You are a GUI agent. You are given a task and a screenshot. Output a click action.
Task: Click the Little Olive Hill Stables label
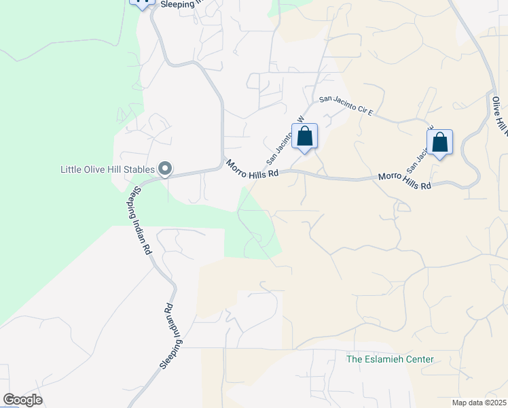point(107,169)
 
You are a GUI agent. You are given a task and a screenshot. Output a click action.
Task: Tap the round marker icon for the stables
point(165,169)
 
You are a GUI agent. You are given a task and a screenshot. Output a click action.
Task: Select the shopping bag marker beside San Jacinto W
point(305,137)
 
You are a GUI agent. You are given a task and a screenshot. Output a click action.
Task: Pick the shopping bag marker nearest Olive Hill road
point(440,143)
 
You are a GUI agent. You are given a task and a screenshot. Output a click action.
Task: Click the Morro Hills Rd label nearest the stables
point(253,169)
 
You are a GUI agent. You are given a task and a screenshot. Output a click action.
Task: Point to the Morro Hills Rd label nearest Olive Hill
point(405,181)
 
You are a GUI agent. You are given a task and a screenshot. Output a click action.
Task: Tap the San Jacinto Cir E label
point(346,106)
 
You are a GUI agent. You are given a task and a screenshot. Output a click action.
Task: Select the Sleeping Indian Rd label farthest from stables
point(172,337)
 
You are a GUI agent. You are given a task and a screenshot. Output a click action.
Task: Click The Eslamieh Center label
point(390,359)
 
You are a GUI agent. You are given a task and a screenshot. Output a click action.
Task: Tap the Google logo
point(22,400)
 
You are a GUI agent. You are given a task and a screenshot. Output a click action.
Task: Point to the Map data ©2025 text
point(479,403)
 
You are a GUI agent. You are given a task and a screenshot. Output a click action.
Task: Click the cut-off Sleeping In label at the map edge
point(181,3)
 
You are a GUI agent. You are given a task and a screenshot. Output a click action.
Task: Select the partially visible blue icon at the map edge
point(141,3)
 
